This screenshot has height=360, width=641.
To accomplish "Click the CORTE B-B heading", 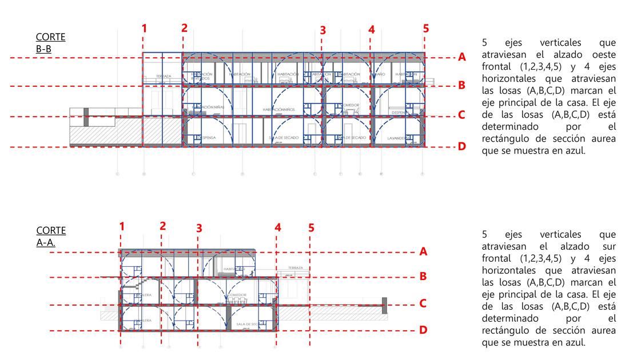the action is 50,43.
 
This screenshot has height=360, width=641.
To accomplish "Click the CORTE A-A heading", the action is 51,236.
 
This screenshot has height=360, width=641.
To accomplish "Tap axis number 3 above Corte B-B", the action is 323,30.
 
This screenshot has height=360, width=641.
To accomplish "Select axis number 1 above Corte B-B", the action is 144,28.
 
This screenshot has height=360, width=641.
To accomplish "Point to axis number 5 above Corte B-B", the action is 425,28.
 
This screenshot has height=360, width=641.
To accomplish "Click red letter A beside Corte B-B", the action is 461,57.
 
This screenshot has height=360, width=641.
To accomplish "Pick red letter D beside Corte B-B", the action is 461,146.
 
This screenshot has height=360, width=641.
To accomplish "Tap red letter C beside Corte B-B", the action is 461,115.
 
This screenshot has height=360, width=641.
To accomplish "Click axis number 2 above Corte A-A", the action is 163,226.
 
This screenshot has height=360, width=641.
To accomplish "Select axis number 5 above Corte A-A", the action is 311,227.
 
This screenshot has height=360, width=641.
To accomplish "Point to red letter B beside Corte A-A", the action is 423,277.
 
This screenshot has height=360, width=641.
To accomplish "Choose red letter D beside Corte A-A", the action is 423,330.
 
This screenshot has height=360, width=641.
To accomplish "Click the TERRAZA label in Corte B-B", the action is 164,76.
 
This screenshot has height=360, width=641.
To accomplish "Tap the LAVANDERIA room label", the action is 396,138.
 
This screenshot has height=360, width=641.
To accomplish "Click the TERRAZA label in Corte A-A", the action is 295,268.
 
